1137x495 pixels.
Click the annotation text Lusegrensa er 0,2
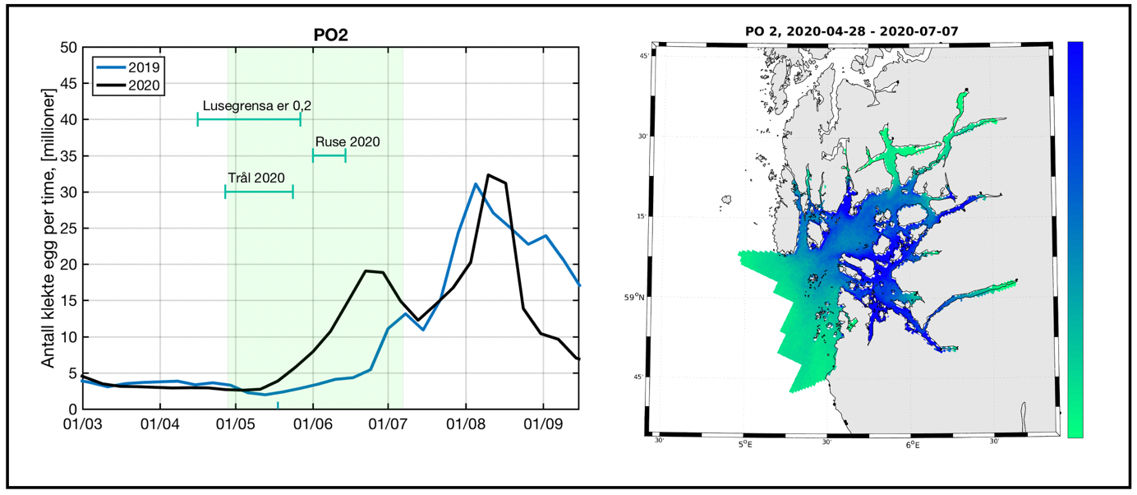pos(256,106)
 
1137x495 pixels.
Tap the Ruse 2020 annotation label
pos(347,141)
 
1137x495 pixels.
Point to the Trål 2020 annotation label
pos(256,178)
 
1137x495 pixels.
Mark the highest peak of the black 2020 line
pos(489,175)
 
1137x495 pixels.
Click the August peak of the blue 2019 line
pos(476,184)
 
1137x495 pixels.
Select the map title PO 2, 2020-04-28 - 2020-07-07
pos(855,31)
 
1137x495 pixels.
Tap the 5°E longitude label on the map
pos(743,445)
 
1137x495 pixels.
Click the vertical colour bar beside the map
pos(1075,238)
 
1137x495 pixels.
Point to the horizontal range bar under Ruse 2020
pos(329,156)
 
